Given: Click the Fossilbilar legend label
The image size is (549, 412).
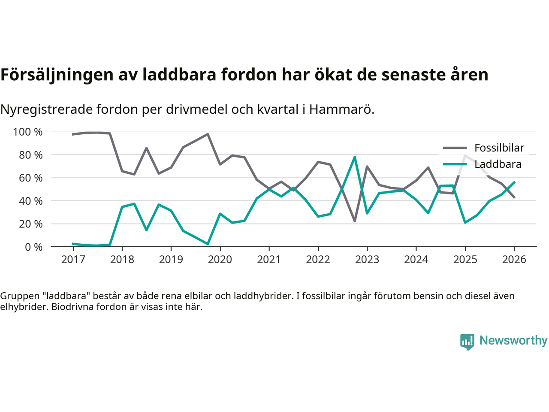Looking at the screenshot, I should tap(499, 148).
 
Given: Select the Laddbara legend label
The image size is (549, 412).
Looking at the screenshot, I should tap(498, 164).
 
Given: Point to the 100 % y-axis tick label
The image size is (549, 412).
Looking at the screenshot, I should tap(28, 132).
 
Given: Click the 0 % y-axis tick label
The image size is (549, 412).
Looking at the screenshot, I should tap(33, 247).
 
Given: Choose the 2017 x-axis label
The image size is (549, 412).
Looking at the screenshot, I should tap(73, 260).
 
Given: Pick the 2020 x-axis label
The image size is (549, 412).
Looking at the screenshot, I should tap(220, 260).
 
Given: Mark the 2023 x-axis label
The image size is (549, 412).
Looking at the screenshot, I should tap(367, 260).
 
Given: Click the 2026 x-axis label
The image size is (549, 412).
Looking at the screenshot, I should tap(514, 260).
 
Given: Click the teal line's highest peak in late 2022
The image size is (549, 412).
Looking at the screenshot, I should tap(355, 157).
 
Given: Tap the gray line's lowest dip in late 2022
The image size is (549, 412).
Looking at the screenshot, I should tap(355, 221).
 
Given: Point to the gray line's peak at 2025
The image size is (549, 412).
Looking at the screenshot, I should tap(465, 155).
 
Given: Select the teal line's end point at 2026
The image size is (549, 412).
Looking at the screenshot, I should tap(514, 182).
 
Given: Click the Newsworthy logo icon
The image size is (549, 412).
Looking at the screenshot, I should tap(467, 342).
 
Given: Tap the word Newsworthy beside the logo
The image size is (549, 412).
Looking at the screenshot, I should tap(513, 341).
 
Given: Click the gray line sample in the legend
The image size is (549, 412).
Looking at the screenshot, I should tap(454, 148).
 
